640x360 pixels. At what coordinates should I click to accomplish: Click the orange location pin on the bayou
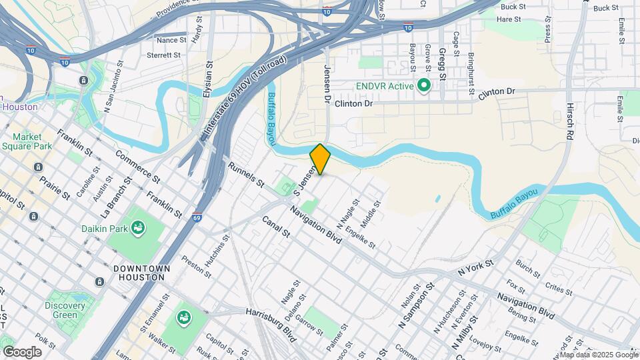pyautogui.click(x=320, y=159)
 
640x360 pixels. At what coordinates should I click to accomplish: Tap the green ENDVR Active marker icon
pyautogui.click(x=423, y=86)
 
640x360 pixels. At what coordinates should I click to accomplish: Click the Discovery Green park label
pyautogui.click(x=65, y=310)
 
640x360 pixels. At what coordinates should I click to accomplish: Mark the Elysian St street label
pyautogui.click(x=208, y=78)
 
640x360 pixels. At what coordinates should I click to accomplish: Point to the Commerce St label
pyautogui.click(x=138, y=166)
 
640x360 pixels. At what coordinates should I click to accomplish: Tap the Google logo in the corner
pyautogui.click(x=22, y=351)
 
